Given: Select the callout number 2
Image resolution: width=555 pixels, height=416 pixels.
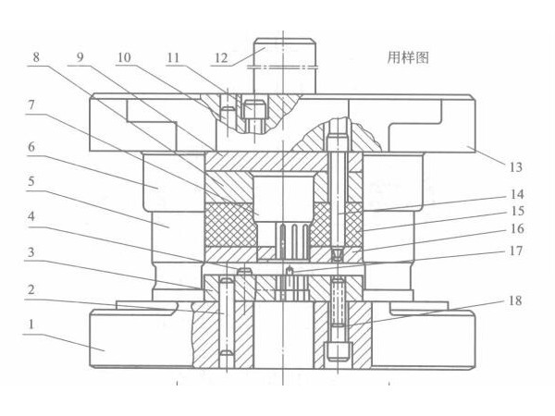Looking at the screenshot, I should (32, 288).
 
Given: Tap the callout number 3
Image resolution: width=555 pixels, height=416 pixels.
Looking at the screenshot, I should (32, 251).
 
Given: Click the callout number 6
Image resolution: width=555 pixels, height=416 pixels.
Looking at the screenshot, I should (32, 145).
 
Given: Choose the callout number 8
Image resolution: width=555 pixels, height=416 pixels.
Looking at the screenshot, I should (35, 56).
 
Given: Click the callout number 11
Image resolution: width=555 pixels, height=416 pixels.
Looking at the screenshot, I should (173, 56).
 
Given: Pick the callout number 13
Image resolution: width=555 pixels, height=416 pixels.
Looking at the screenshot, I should (516, 166).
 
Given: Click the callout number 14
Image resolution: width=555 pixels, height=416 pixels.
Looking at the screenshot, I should (516, 195).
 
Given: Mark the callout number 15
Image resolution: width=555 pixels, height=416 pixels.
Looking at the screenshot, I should (516, 213).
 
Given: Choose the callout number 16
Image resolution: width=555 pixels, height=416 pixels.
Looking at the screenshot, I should (516, 229).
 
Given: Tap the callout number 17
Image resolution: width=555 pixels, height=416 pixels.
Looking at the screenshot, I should (516, 251).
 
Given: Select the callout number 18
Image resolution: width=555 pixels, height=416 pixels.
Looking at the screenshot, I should (516, 301).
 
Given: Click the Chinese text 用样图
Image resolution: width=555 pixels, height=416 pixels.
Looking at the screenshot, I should (408, 57).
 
